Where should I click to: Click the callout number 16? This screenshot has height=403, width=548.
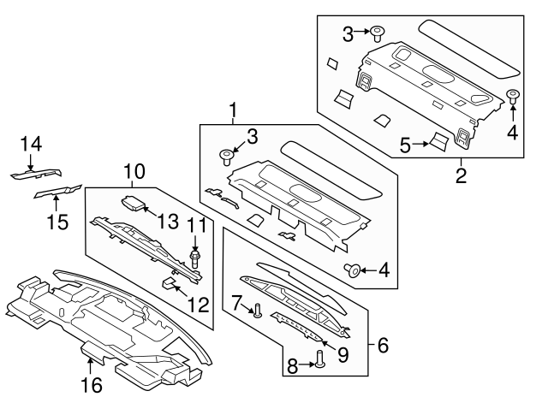(91, 385)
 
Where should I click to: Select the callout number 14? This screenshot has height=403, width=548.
(31, 144)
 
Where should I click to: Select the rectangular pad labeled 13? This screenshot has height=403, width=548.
(134, 204)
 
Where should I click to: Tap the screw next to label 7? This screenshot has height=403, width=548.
(256, 311)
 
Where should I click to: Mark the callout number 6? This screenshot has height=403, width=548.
(382, 346)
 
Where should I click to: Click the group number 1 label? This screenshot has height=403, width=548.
(231, 110)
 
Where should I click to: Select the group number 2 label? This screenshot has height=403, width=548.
(460, 177)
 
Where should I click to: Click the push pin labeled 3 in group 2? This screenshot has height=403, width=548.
(377, 33)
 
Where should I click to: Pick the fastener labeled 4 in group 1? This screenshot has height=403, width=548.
(352, 271)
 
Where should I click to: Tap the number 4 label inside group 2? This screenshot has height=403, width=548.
(514, 133)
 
